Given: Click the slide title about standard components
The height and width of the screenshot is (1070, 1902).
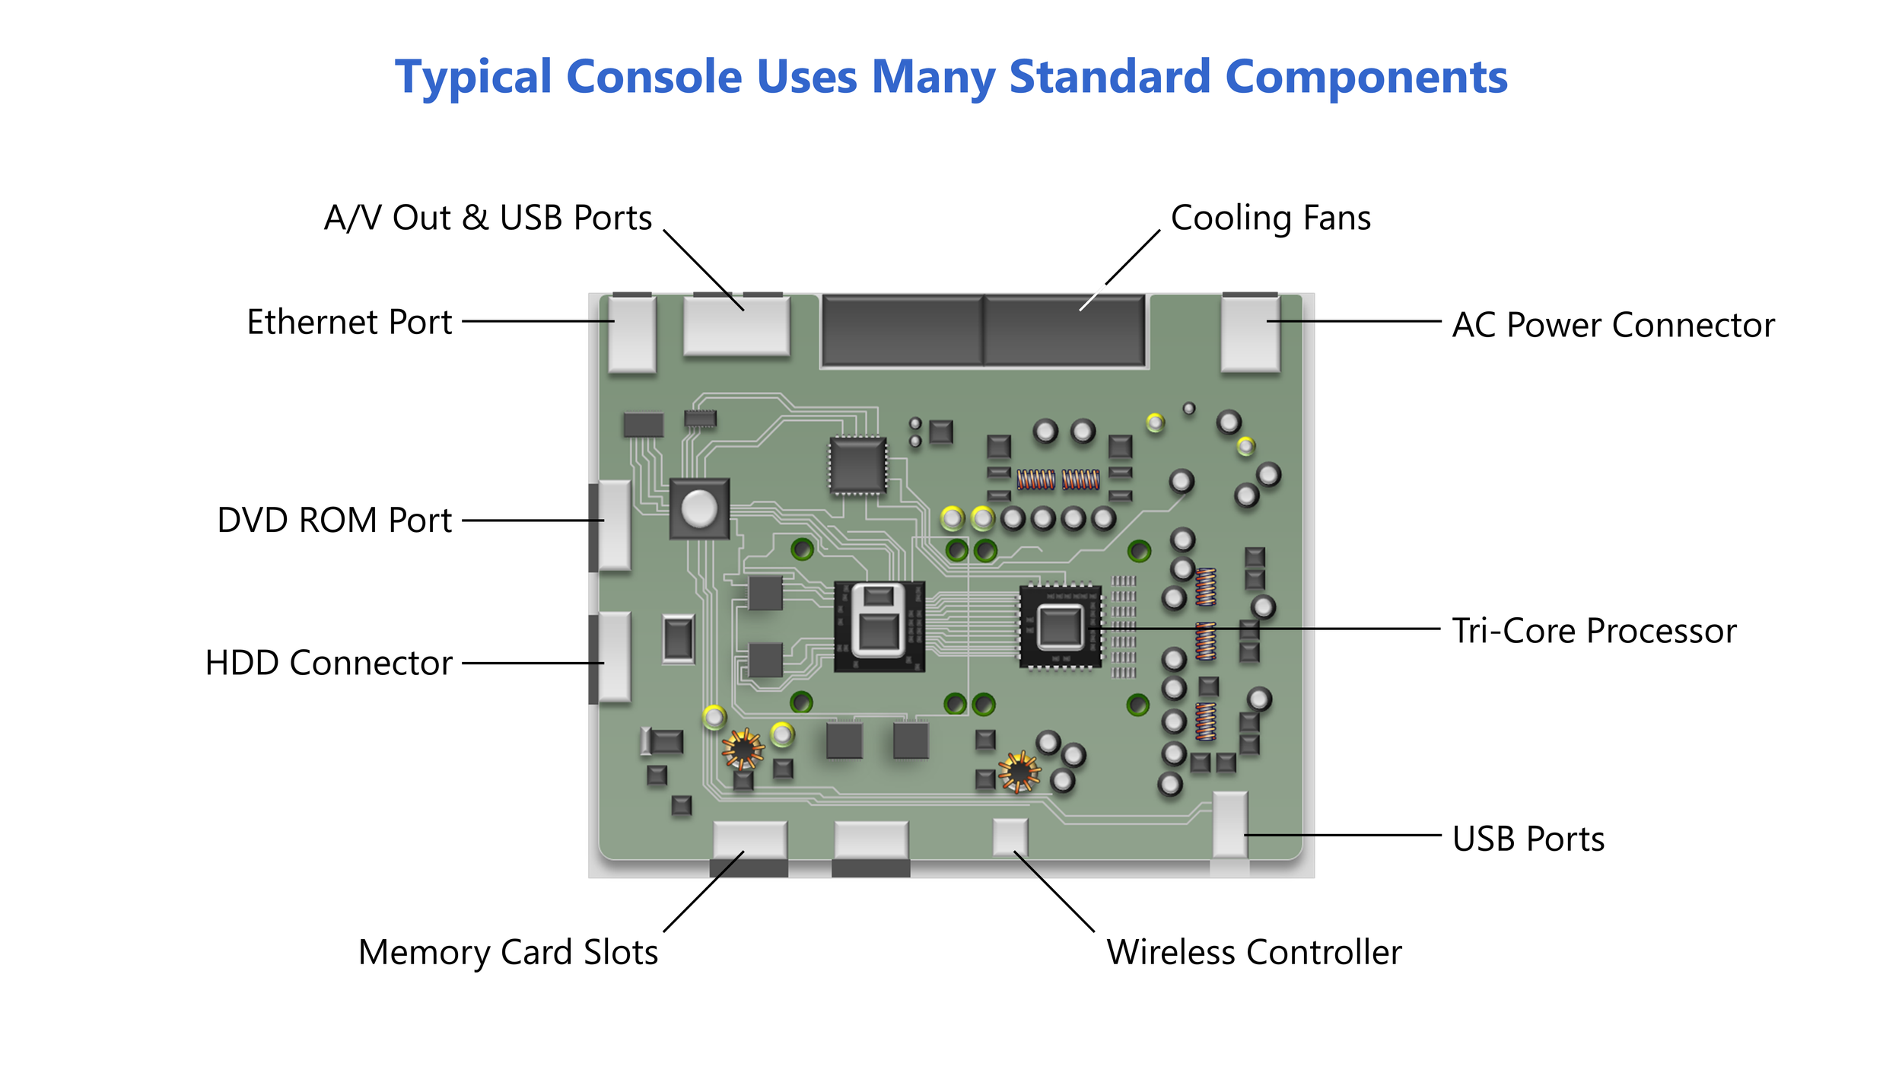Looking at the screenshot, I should (951, 77).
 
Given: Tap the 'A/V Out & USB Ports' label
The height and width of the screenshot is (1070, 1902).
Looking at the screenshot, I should (488, 218).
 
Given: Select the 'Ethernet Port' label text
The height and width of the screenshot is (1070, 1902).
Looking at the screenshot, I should (349, 322).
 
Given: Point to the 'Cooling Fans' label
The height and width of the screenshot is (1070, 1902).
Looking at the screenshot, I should (1271, 218).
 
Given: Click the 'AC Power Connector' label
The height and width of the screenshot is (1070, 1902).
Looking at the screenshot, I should (1613, 325).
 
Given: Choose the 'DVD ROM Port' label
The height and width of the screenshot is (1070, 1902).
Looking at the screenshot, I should (335, 521).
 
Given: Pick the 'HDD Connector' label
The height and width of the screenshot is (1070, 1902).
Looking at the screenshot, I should (329, 663).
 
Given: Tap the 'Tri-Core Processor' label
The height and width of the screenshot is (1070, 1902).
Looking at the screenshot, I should (1594, 631).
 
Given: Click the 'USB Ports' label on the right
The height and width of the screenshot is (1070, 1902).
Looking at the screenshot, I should (1528, 839).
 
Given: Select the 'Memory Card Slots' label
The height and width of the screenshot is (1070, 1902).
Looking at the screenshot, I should (508, 952).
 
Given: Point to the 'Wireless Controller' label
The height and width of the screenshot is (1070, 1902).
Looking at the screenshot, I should (1254, 952).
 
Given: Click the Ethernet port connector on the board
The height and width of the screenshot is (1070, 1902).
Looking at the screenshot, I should (631, 334).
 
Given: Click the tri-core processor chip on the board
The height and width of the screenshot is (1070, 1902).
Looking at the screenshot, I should (1060, 628).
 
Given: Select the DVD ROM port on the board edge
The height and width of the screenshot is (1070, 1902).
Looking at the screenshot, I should (612, 525).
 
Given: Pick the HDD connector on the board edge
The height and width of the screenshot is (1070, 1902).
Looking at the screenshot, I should (612, 657).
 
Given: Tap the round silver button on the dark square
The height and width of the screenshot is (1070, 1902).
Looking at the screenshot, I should (698, 508).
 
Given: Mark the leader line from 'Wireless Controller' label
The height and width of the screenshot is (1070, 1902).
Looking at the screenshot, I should (1054, 891).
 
